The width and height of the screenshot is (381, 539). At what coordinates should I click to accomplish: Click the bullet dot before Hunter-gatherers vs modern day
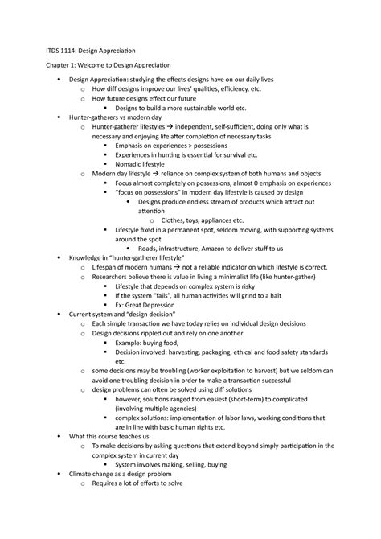tap(59, 117)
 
